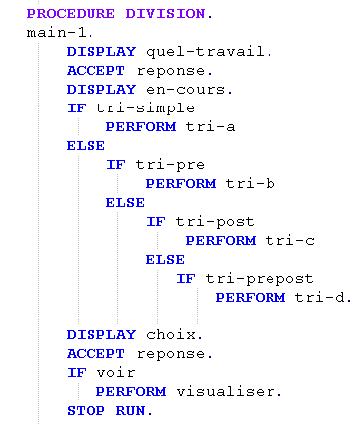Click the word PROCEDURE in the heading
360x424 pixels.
click(x=71, y=14)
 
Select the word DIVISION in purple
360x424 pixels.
click(x=165, y=14)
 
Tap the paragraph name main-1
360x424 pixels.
click(x=57, y=33)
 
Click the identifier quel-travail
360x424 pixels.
click(x=206, y=52)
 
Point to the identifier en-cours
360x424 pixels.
click(x=186, y=90)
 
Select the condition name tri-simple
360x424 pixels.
click(x=145, y=108)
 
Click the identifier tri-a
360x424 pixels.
click(x=210, y=127)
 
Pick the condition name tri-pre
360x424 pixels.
click(x=170, y=165)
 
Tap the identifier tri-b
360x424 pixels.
click(x=250, y=183)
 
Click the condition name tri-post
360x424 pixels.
click(x=215, y=222)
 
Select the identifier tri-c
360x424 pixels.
click(x=289, y=241)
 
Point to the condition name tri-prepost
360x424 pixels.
click(x=260, y=279)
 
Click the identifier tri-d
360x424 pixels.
click(x=320, y=298)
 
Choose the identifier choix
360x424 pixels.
click(x=171, y=335)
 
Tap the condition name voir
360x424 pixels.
click(x=116, y=373)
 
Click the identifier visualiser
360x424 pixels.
click(x=226, y=392)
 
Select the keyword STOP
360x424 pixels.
click(x=86, y=411)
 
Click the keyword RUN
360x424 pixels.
click(x=130, y=411)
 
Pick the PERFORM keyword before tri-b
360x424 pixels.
click(x=181, y=184)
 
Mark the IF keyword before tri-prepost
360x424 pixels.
click(x=186, y=279)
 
